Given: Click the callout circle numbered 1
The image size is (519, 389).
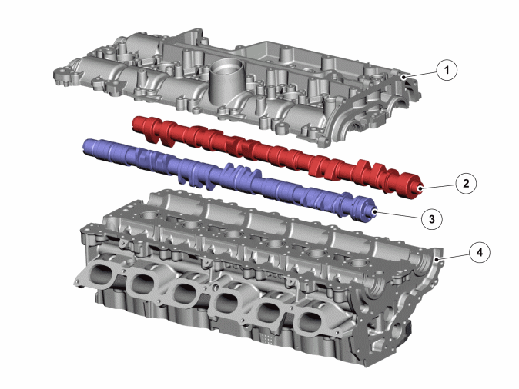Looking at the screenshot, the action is click(447, 70).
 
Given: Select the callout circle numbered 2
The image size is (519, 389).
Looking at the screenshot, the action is click(466, 183).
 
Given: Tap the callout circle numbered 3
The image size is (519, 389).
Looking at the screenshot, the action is click(432, 219).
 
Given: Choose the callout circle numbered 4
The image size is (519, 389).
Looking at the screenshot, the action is click(480, 252).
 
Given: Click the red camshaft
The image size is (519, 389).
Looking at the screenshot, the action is click(278, 156).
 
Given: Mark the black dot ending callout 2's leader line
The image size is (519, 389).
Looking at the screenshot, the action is click(420, 188).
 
